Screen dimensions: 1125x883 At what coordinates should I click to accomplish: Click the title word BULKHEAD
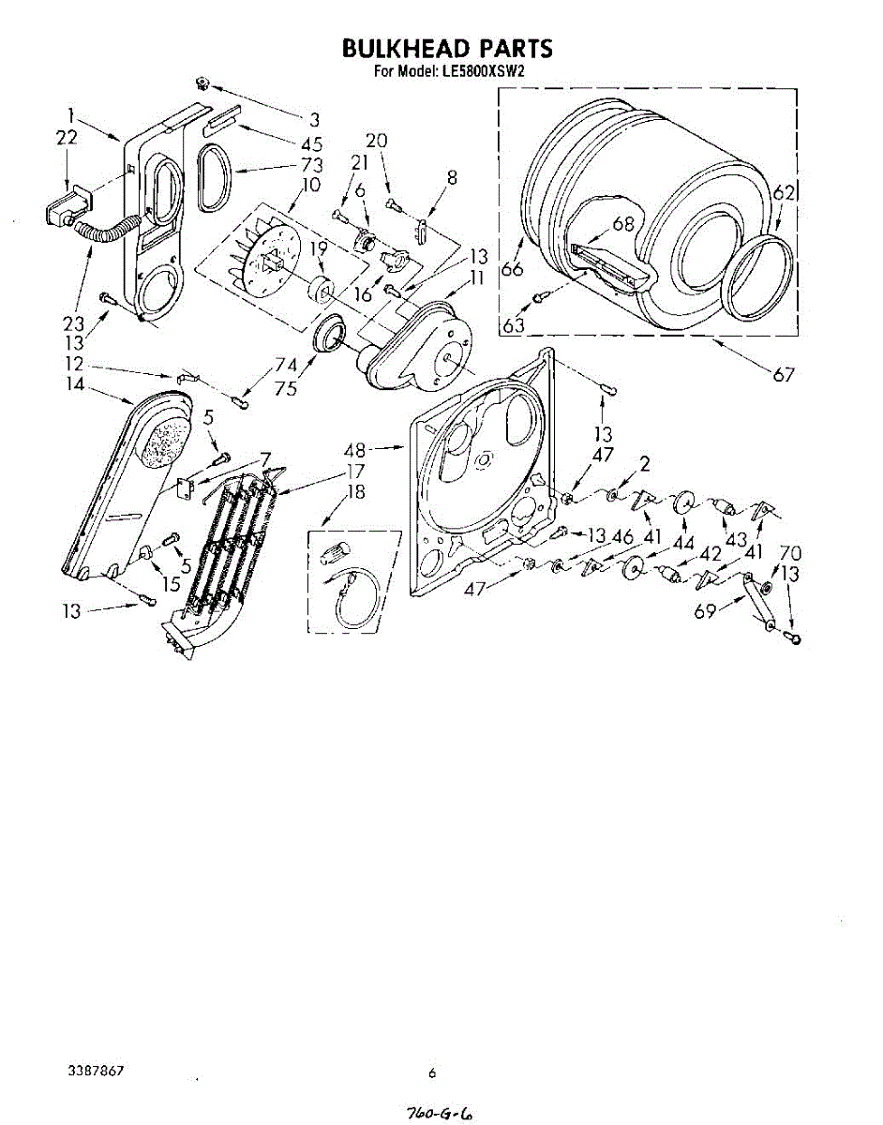(397, 49)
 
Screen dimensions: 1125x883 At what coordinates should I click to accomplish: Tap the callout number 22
(67, 138)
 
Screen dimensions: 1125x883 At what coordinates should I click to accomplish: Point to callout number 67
(784, 374)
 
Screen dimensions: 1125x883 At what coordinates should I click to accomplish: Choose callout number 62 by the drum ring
(784, 194)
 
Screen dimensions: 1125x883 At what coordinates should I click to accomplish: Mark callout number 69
(705, 611)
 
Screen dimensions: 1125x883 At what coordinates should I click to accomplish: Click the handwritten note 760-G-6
(439, 1113)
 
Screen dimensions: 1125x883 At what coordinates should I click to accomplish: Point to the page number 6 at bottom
(432, 1073)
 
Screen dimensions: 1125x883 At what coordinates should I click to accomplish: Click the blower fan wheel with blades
(264, 253)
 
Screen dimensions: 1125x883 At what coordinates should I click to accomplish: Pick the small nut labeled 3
(202, 84)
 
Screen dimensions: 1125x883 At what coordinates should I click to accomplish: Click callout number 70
(790, 553)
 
